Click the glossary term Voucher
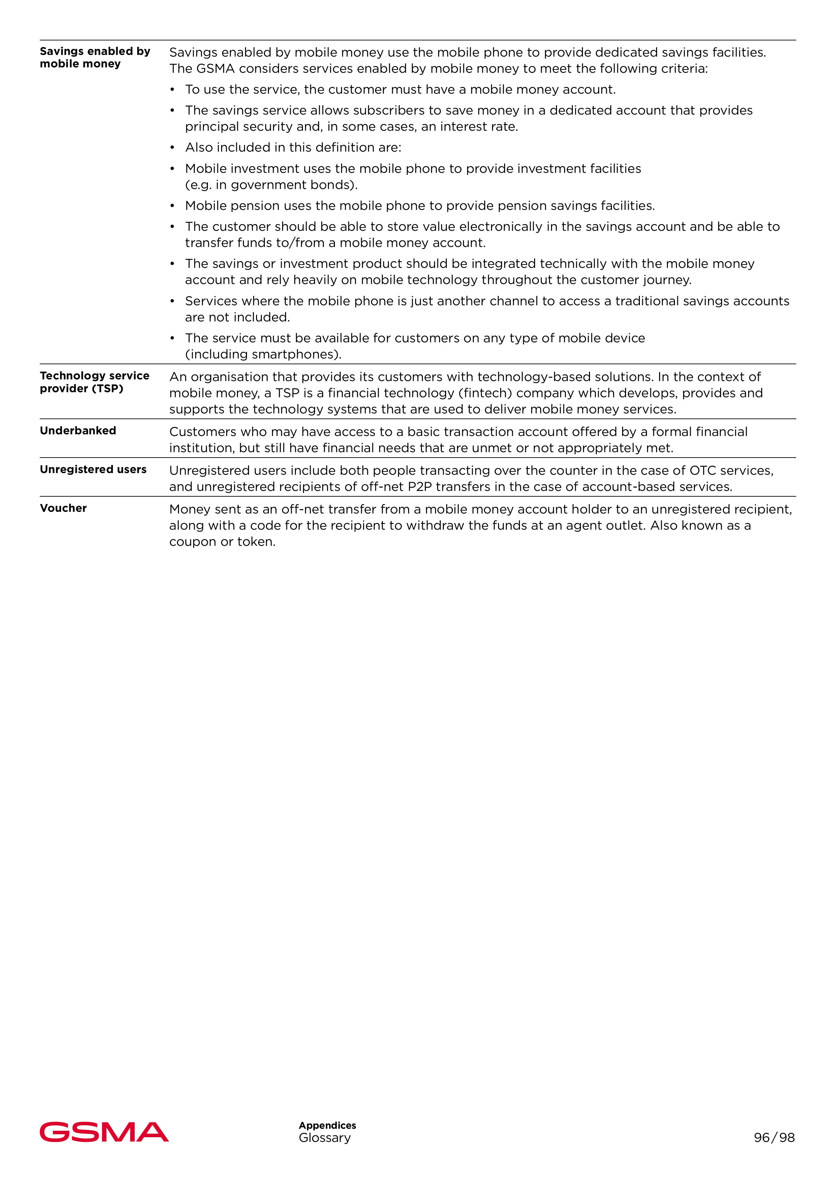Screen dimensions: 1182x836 click(63, 508)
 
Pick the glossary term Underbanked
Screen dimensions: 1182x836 click(78, 430)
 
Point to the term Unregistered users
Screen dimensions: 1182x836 click(93, 469)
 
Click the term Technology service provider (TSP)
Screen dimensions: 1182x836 click(95, 382)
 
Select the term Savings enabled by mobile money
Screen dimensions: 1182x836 click(95, 57)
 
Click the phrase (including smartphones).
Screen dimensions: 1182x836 click(263, 355)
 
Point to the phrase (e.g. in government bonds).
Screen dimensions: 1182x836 click(271, 185)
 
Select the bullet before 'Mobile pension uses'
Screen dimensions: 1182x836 click(173, 206)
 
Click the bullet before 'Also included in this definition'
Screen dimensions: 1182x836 click(173, 148)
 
